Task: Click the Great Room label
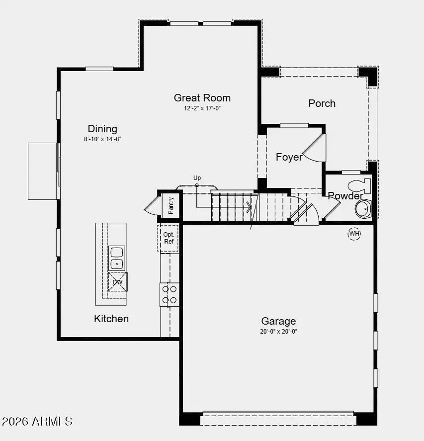point(202,98)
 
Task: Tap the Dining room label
point(102,129)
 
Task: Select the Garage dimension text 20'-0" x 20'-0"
point(278,331)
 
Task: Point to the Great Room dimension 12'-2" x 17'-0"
point(202,108)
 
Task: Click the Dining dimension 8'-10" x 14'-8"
point(102,139)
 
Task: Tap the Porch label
point(322,103)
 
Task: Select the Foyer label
point(289,157)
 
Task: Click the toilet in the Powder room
point(360,186)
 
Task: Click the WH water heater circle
point(354,233)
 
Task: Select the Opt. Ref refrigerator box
point(169,238)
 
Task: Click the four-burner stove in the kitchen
point(169,294)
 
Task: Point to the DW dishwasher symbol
point(118,282)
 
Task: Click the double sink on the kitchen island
point(117,258)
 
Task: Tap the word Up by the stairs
point(197,178)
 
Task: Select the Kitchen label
point(111,319)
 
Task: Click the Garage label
point(278,321)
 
